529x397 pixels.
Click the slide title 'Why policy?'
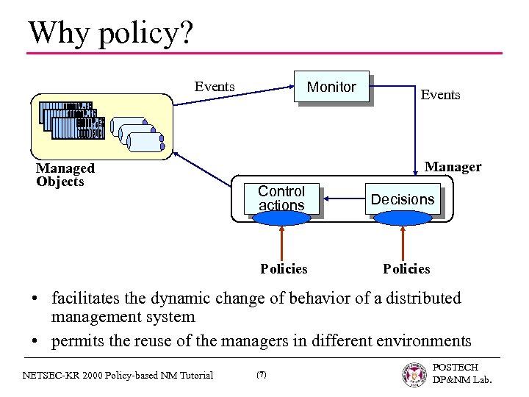pos(110,33)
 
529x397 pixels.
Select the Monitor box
pos(331,87)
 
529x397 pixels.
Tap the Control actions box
pos(281,198)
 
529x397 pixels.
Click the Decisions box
pos(403,199)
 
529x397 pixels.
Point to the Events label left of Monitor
pos(215,87)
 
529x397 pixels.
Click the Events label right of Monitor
pos(440,95)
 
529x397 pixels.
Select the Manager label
pos(453,167)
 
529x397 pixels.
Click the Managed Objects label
pos(65,175)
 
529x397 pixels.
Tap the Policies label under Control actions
pos(284,269)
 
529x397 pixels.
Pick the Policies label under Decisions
pos(406,269)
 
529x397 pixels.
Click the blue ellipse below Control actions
pos(281,218)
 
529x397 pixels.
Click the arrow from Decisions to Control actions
pos(345,198)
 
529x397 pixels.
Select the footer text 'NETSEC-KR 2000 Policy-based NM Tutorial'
pos(118,375)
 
